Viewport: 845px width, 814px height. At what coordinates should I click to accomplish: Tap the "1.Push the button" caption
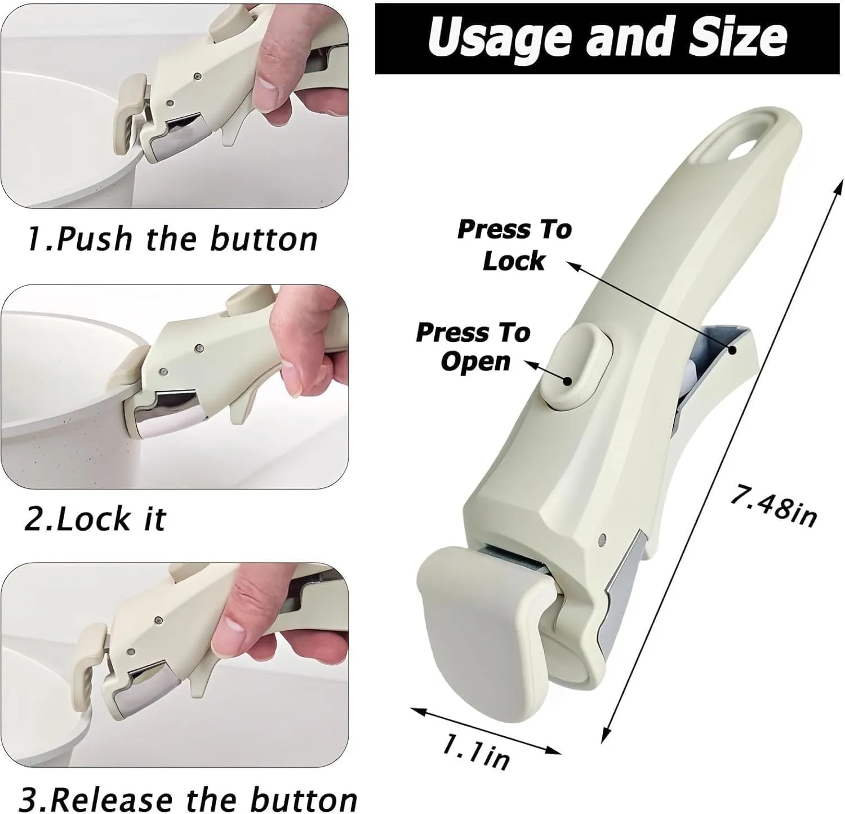[172, 239]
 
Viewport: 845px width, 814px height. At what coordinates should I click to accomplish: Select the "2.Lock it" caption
[95, 518]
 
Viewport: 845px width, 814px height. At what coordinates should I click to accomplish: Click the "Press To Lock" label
[514, 245]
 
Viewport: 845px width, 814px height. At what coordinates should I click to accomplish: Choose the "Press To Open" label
[473, 346]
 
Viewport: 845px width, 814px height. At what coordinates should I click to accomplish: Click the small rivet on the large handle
[603, 538]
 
